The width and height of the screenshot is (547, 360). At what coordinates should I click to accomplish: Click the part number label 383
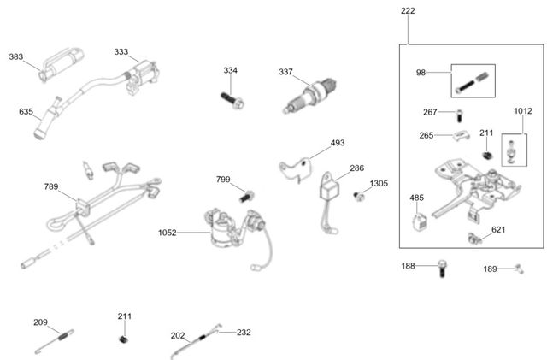[16, 56]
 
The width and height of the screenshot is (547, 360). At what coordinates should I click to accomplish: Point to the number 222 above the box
[408, 11]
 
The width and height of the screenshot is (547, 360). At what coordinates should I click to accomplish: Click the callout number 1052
[168, 232]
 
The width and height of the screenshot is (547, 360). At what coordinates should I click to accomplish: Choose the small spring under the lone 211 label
[124, 339]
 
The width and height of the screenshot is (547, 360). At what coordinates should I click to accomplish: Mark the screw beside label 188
[442, 268]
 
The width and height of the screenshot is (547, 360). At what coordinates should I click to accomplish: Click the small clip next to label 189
[518, 269]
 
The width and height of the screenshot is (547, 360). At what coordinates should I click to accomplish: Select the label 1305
[379, 184]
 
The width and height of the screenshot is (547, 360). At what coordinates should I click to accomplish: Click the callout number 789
[52, 186]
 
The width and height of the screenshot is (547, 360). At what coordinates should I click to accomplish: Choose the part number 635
[26, 111]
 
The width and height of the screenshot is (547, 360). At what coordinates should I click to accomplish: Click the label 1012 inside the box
[523, 110]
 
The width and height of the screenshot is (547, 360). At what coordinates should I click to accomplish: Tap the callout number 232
[244, 332]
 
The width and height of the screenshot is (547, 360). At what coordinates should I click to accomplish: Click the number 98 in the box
[421, 74]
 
